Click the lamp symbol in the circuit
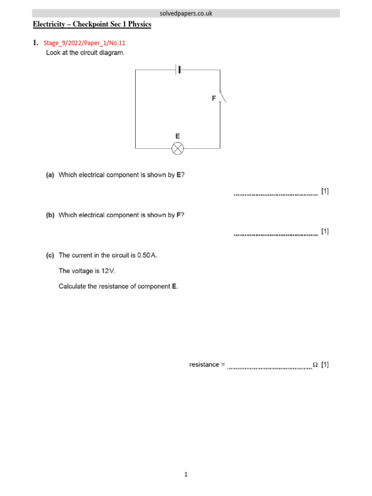[x=178, y=148]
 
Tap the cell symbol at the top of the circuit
[x=179, y=70]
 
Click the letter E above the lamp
[x=178, y=136]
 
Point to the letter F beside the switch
[x=214, y=98]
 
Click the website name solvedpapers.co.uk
[x=186, y=14]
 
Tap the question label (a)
[x=50, y=175]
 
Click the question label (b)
[x=50, y=215]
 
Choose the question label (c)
[x=50, y=255]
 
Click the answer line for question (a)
[x=276, y=194]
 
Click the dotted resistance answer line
[x=269, y=368]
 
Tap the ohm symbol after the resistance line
[x=315, y=365]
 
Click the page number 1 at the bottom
[x=186, y=475]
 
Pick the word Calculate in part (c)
[x=72, y=286]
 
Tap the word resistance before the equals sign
[x=204, y=365]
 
